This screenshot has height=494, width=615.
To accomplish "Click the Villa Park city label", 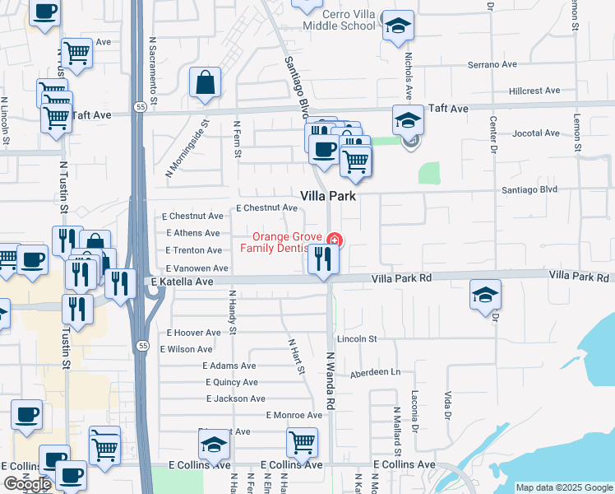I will tap(327, 197).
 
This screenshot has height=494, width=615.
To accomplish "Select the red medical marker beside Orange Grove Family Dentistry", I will tap(334, 240).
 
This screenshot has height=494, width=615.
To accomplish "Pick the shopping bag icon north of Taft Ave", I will tap(205, 83).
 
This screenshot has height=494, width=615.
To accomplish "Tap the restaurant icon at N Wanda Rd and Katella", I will tap(324, 260).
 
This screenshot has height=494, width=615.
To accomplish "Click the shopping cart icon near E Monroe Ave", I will tap(302, 442).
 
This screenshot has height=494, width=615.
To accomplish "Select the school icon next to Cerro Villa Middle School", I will tap(398, 26).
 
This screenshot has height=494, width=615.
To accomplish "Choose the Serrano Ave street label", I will tap(492, 64).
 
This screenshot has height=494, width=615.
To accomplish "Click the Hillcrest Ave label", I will tap(534, 91).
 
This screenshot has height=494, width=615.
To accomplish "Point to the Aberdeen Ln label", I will tap(374, 372).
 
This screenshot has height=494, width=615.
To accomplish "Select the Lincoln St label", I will tap(356, 338).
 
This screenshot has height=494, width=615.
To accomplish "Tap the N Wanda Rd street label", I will tap(332, 380).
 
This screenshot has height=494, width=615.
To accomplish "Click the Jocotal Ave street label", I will tap(535, 133).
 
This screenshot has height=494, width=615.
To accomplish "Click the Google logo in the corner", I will tap(26, 485).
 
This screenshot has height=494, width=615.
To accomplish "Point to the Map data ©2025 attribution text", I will tap(563, 487).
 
